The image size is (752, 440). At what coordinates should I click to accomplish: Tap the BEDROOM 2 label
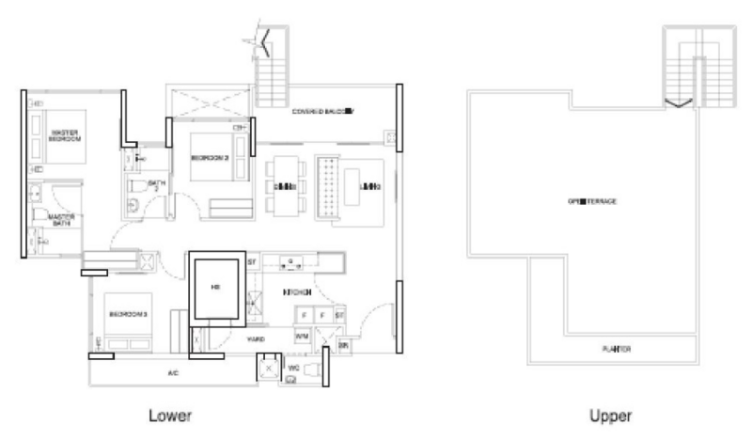[211, 159]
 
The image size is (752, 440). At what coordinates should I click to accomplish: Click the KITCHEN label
[298, 293]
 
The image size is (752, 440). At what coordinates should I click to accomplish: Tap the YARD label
[256, 338]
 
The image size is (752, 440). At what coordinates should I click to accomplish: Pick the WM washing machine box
[302, 335]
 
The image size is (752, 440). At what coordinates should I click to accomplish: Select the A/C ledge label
[173, 373]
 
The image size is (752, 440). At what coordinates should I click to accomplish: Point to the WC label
[293, 367]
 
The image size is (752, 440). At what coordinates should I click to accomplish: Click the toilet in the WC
[292, 379]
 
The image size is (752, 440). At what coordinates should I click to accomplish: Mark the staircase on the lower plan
[273, 71]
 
